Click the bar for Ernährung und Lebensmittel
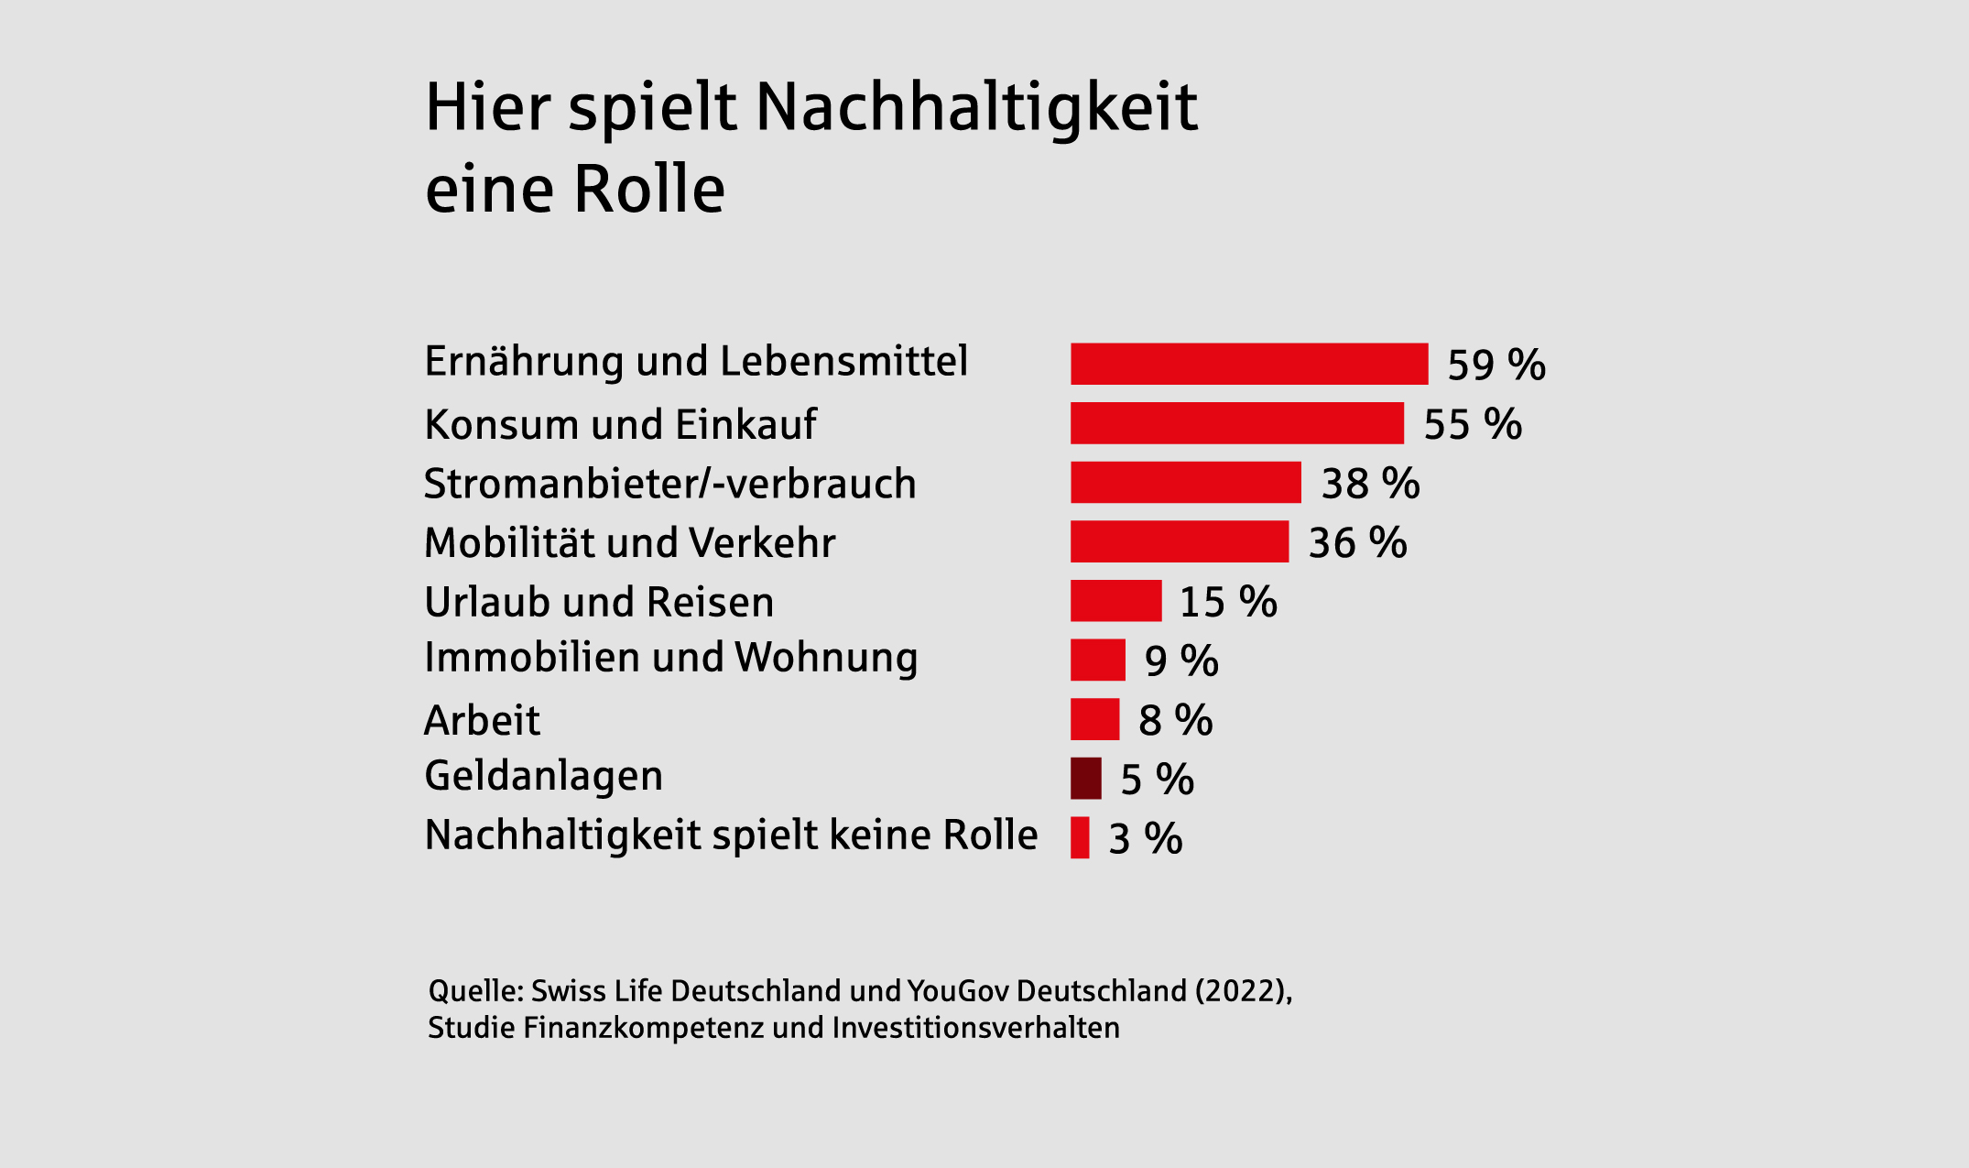pyautogui.click(x=1249, y=364)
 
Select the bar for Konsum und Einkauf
pyautogui.click(x=1237, y=423)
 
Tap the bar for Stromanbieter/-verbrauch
pyautogui.click(x=1186, y=483)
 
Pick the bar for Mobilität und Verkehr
pyautogui.click(x=1180, y=541)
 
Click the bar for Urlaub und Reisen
pyautogui.click(x=1115, y=601)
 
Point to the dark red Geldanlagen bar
pyautogui.click(x=1086, y=779)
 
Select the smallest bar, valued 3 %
pyautogui.click(x=1080, y=837)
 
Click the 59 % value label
pyautogui.click(x=1496, y=365)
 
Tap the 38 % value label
pyautogui.click(x=1370, y=484)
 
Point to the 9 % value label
pyautogui.click(x=1181, y=661)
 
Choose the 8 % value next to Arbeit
pyautogui.click(x=1175, y=721)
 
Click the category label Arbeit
pyautogui.click(x=482, y=721)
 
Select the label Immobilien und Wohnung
pyautogui.click(x=671, y=658)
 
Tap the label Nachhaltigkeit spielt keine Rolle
pyautogui.click(x=731, y=835)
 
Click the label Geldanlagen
pyautogui.click(x=544, y=777)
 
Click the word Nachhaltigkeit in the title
pyautogui.click(x=976, y=108)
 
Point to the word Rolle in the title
pyautogui.click(x=649, y=190)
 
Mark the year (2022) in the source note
pyautogui.click(x=1239, y=991)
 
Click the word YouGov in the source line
pyautogui.click(x=958, y=991)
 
